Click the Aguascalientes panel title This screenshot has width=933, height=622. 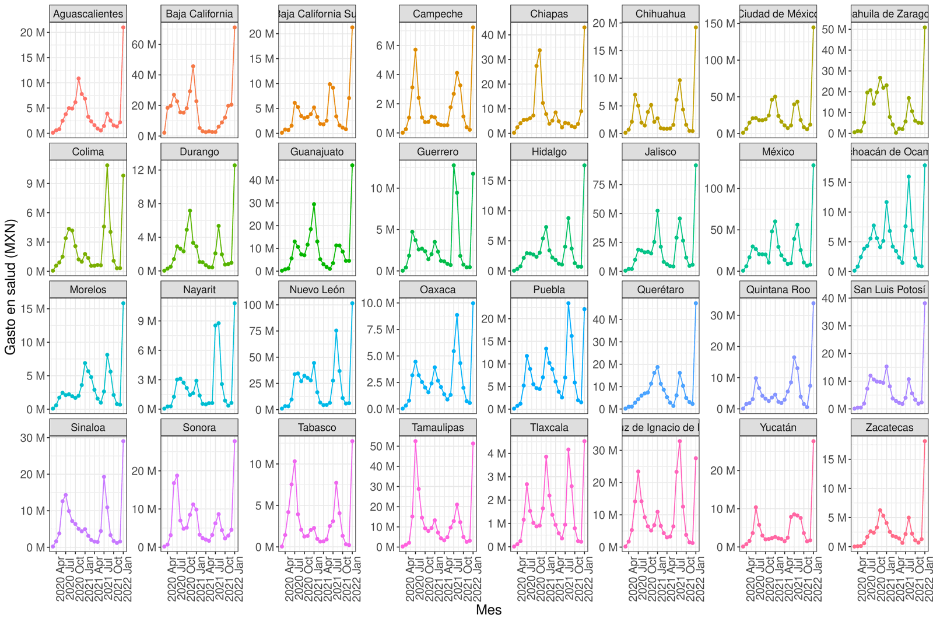click(x=88, y=14)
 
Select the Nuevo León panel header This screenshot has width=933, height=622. click(x=317, y=290)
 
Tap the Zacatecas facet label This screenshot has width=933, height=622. click(x=889, y=427)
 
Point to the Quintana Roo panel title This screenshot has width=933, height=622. click(x=778, y=290)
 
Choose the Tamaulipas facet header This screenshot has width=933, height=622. click(x=437, y=427)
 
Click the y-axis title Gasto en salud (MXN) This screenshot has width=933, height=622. click(x=10, y=287)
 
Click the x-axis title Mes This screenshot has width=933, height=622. click(x=489, y=610)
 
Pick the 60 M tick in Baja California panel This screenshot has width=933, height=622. click(x=144, y=44)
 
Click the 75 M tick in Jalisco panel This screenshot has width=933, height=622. click(x=605, y=185)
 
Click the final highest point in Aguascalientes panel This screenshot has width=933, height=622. click(x=124, y=27)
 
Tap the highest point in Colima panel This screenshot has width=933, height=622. click(x=107, y=166)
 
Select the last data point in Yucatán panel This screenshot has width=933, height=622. click(x=813, y=441)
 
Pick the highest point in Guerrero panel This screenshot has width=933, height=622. click(x=454, y=166)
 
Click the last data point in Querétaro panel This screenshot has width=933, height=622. click(x=696, y=303)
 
